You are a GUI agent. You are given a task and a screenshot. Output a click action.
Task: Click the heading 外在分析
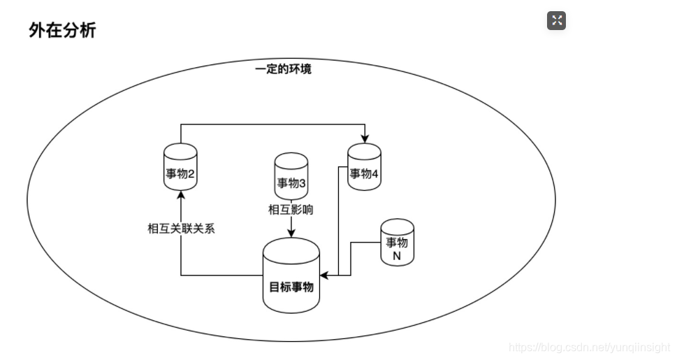(x=62, y=30)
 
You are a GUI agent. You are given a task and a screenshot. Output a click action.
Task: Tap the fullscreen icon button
(x=556, y=21)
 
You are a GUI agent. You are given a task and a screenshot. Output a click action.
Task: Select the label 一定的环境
(x=283, y=69)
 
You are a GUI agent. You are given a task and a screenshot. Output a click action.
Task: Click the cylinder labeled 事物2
(x=180, y=166)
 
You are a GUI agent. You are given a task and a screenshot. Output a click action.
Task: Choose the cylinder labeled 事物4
(x=364, y=166)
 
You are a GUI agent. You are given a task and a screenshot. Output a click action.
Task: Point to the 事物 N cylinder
(x=397, y=243)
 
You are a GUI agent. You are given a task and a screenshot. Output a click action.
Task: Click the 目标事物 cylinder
(x=291, y=276)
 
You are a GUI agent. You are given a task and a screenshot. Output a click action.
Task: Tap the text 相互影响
(x=291, y=209)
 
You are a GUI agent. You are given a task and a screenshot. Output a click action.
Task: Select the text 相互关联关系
(x=180, y=229)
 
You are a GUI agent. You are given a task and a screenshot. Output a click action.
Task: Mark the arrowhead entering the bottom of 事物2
(x=180, y=194)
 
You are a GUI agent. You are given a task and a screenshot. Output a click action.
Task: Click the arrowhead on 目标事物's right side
(x=325, y=276)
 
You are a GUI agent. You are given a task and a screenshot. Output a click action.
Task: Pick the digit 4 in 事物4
(x=375, y=174)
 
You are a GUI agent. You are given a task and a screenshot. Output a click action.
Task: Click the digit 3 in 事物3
(x=302, y=183)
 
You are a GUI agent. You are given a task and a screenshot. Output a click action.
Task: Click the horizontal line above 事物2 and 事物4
(x=272, y=125)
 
